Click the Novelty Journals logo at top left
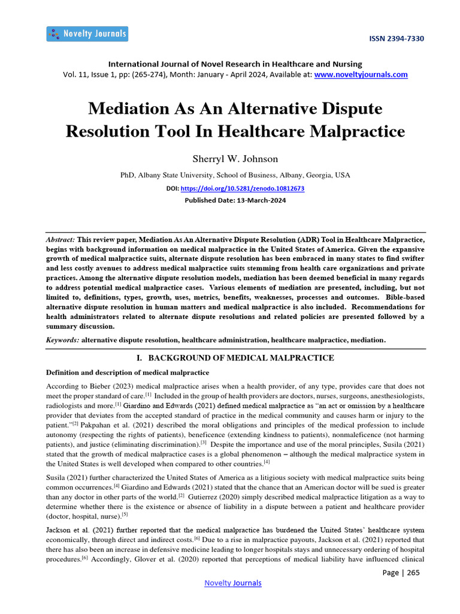pos(87,34)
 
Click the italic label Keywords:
pos(63,340)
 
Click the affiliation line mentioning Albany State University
pos(235,175)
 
